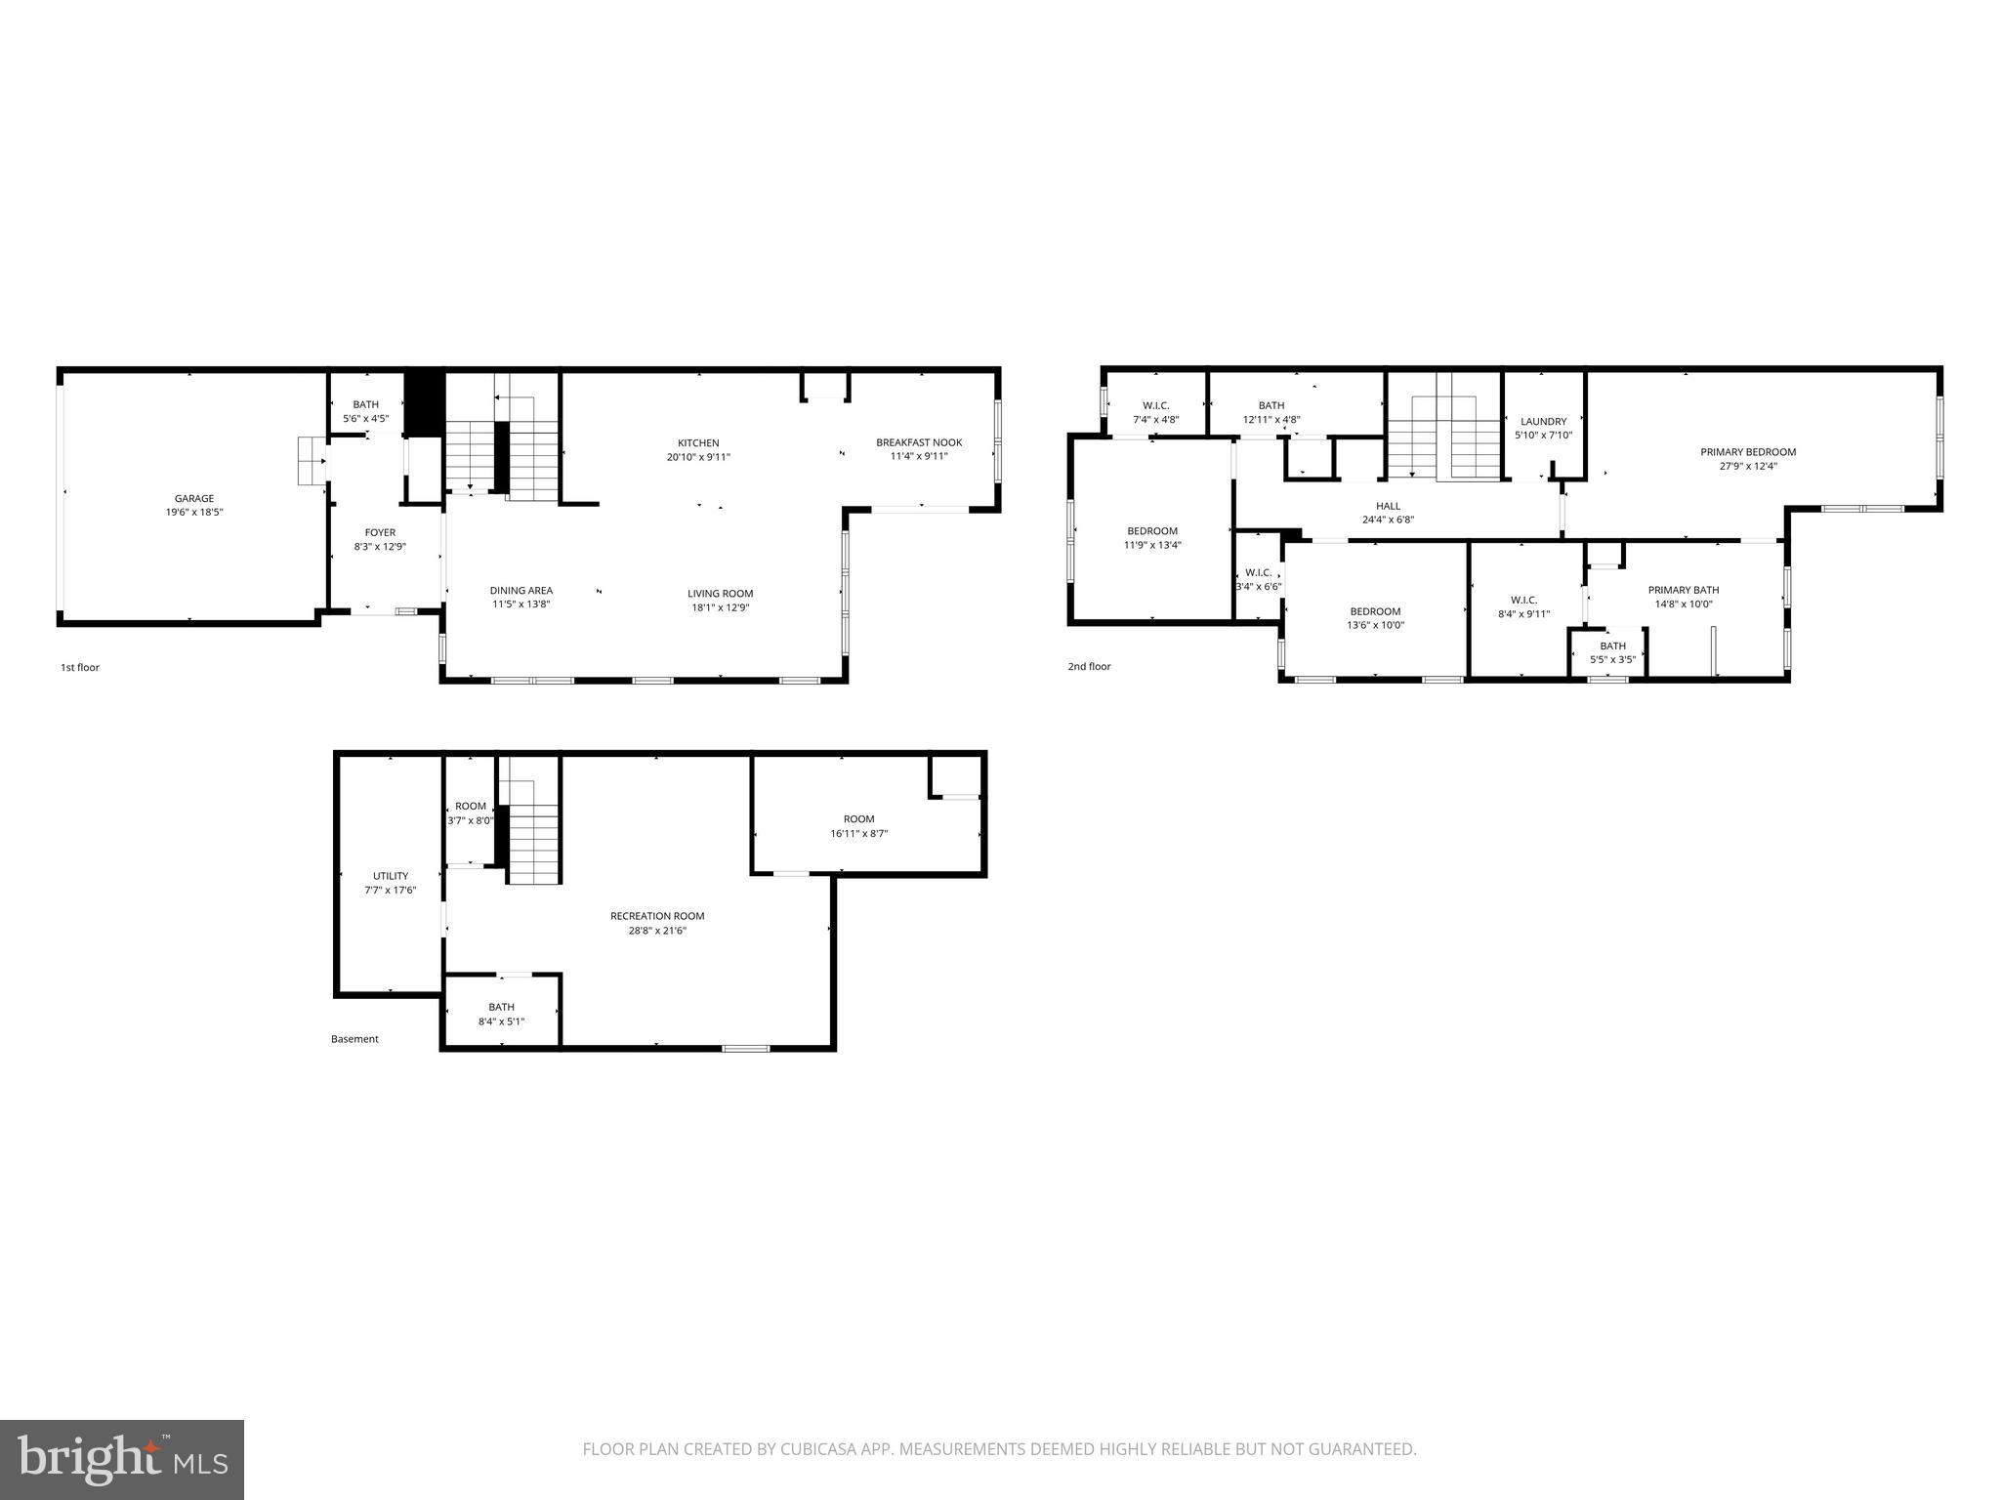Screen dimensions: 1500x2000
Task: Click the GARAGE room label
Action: click(194, 499)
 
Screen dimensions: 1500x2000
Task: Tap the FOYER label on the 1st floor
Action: click(380, 533)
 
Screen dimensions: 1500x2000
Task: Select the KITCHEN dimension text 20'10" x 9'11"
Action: click(698, 457)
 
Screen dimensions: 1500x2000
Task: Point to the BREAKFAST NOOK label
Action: click(918, 442)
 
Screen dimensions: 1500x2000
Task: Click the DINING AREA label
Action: click(521, 590)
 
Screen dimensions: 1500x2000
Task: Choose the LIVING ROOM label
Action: click(720, 593)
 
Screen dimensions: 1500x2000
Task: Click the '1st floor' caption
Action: click(80, 668)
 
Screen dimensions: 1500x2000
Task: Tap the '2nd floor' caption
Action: click(1089, 667)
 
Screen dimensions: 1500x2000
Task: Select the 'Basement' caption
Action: click(354, 1039)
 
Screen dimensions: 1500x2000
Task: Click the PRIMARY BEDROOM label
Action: click(1748, 452)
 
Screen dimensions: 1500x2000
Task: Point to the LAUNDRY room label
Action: click(1543, 422)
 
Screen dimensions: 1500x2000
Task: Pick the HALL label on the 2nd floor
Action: click(1388, 506)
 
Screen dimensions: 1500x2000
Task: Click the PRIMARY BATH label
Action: click(1684, 590)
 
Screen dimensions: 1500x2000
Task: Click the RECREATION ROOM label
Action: click(657, 916)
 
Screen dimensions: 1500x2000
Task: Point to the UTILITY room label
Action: click(391, 876)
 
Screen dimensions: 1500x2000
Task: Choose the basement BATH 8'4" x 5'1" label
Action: click(501, 1014)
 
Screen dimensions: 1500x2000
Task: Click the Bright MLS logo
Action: click(122, 1459)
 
